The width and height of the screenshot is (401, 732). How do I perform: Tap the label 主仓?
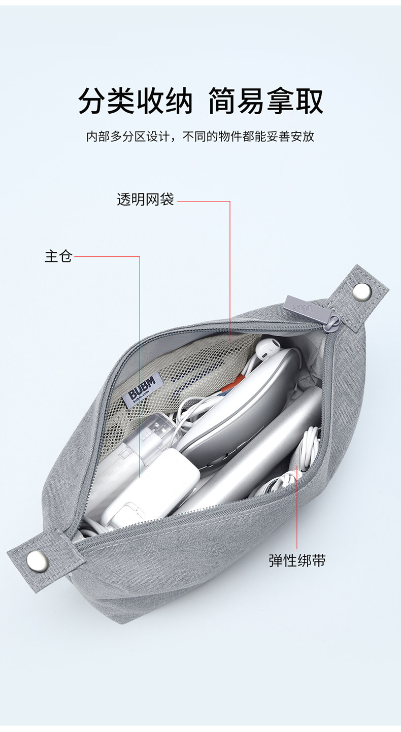point(58,256)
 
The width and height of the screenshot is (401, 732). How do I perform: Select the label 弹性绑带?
point(297,560)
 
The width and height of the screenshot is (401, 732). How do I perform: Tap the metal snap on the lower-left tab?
point(38,560)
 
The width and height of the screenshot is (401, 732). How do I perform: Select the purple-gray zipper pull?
point(297,306)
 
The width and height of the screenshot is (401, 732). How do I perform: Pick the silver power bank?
point(264,457)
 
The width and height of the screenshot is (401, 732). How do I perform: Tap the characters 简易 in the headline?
point(237,101)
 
